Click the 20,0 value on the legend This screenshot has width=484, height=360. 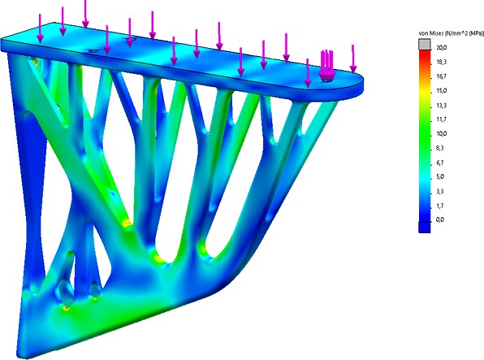[442, 48]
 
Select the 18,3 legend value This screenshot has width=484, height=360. [442, 62]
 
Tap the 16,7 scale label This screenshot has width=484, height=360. [442, 76]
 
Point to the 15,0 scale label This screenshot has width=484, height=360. [442, 91]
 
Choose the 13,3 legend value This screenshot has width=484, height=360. [442, 106]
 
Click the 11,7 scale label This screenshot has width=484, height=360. [442, 119]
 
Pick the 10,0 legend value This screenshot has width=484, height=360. [442, 134]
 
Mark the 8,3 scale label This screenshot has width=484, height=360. [440, 149]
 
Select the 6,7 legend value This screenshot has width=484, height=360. [440, 163]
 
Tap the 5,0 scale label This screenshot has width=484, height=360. [440, 177]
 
